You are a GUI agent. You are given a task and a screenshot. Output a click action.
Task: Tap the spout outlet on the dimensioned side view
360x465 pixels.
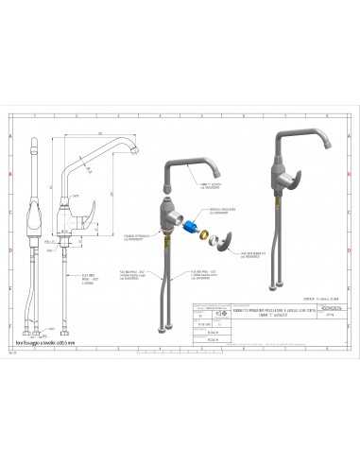[x=137, y=152]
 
